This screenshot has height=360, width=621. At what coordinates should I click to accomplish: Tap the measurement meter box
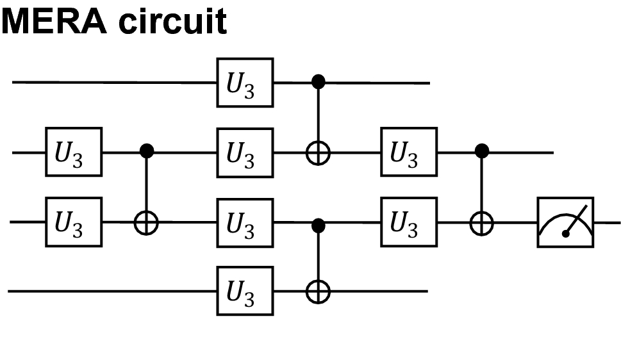(565, 222)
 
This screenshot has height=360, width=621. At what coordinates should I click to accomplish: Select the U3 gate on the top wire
(245, 83)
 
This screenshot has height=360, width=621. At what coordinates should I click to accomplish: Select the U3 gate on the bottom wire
(245, 291)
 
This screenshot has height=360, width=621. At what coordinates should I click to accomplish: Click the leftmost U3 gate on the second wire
(73, 152)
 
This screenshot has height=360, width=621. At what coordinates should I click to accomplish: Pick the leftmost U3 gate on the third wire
(73, 222)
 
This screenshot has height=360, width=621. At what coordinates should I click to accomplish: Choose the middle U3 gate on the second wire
(245, 152)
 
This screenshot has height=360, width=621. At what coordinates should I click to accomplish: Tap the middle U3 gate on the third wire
(245, 222)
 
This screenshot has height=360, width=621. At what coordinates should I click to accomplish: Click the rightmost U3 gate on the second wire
(409, 152)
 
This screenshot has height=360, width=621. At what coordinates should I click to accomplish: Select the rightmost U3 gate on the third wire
(409, 222)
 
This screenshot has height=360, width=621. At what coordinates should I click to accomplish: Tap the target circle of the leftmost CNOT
(147, 223)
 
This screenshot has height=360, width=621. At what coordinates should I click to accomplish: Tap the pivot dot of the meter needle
(565, 234)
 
